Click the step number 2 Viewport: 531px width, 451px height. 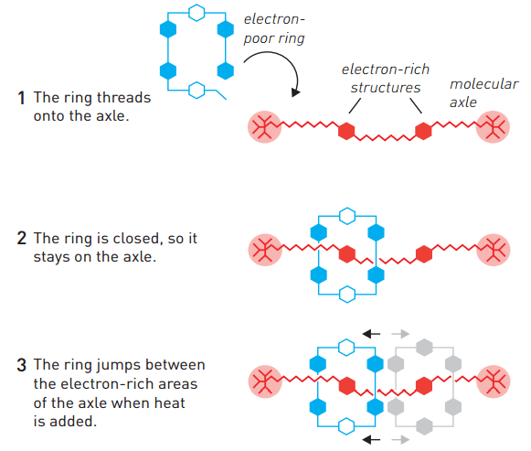click(x=21, y=238)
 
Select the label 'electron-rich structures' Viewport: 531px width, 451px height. click(x=385, y=79)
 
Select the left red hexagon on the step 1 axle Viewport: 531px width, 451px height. click(x=345, y=131)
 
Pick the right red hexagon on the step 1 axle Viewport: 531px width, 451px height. click(x=422, y=131)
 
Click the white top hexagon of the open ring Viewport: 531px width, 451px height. click(x=195, y=12)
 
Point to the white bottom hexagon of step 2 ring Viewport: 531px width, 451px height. click(x=345, y=294)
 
